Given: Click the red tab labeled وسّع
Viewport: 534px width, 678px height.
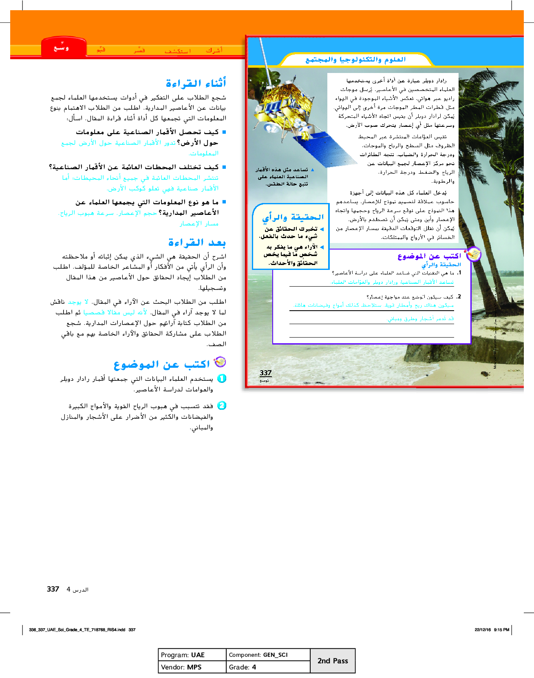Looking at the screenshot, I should (x=62, y=48).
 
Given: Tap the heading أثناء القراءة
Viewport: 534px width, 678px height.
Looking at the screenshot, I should (x=196, y=83).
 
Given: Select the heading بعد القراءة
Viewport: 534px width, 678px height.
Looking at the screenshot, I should (x=197, y=243).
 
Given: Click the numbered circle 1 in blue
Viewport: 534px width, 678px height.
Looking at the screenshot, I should (x=222, y=378).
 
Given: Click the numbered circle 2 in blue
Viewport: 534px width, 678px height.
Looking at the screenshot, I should (x=222, y=405).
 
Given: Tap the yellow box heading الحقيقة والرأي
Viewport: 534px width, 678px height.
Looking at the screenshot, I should (x=293, y=217).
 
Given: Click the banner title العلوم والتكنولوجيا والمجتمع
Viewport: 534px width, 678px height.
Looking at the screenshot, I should (x=355, y=60).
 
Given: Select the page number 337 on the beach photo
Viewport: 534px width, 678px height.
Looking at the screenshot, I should (x=265, y=373).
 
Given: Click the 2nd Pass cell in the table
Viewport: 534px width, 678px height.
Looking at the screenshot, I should (x=333, y=661).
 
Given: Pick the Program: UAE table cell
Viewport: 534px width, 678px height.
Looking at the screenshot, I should (x=192, y=655).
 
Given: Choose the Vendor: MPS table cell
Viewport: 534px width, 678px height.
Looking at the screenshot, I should (x=192, y=667).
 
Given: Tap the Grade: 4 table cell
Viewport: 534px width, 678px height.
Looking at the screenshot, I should (x=268, y=667).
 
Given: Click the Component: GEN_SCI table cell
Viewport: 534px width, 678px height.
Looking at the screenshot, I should (x=268, y=655).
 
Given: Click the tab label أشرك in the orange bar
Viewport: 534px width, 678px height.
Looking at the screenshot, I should (x=214, y=50).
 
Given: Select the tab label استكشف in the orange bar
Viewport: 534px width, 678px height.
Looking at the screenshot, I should (x=178, y=51).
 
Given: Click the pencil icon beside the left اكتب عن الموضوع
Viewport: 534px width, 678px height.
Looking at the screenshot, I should (x=220, y=362).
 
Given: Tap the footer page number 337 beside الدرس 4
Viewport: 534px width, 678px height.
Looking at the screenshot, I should (x=53, y=589).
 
